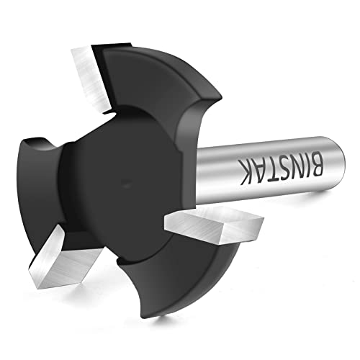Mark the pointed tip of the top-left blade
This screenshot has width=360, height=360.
(74, 49)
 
